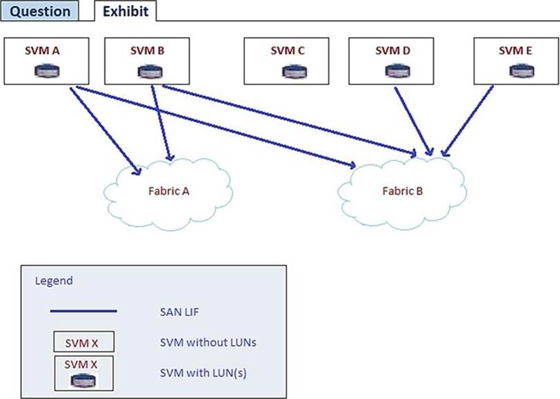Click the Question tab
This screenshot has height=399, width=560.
coord(41,11)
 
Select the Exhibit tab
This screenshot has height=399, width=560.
coord(126,11)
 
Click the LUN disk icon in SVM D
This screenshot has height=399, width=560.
coord(393,70)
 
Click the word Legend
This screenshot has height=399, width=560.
coord(53,281)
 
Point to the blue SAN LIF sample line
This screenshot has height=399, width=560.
coord(83,311)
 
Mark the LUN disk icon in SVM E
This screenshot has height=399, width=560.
coord(518,70)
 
